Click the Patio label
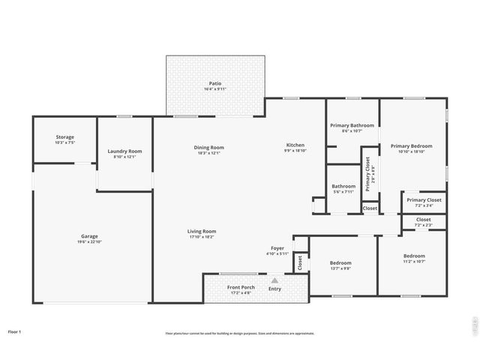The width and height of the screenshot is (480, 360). (x=214, y=83)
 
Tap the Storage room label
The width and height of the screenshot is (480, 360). (x=64, y=137)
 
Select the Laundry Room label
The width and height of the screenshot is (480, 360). (x=124, y=151)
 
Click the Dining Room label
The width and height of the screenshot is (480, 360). (x=208, y=148)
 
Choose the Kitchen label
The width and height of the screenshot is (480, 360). (x=295, y=145)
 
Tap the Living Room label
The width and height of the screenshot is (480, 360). (x=202, y=231)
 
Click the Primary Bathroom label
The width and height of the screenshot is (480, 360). (x=352, y=125)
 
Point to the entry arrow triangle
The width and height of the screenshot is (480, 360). (x=274, y=280)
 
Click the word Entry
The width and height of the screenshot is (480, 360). (x=275, y=289)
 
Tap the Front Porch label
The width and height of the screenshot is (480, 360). (x=241, y=287)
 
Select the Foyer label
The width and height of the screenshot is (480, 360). (x=277, y=247)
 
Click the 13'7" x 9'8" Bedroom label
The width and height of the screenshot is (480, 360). (x=340, y=263)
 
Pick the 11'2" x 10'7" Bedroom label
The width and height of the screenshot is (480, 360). (x=414, y=256)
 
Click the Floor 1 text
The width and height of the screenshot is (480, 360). (x=15, y=331)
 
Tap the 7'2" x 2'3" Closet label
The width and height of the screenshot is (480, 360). (x=423, y=220)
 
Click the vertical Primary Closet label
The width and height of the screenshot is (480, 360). (x=368, y=174)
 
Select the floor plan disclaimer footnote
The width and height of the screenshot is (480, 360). (x=240, y=333)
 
